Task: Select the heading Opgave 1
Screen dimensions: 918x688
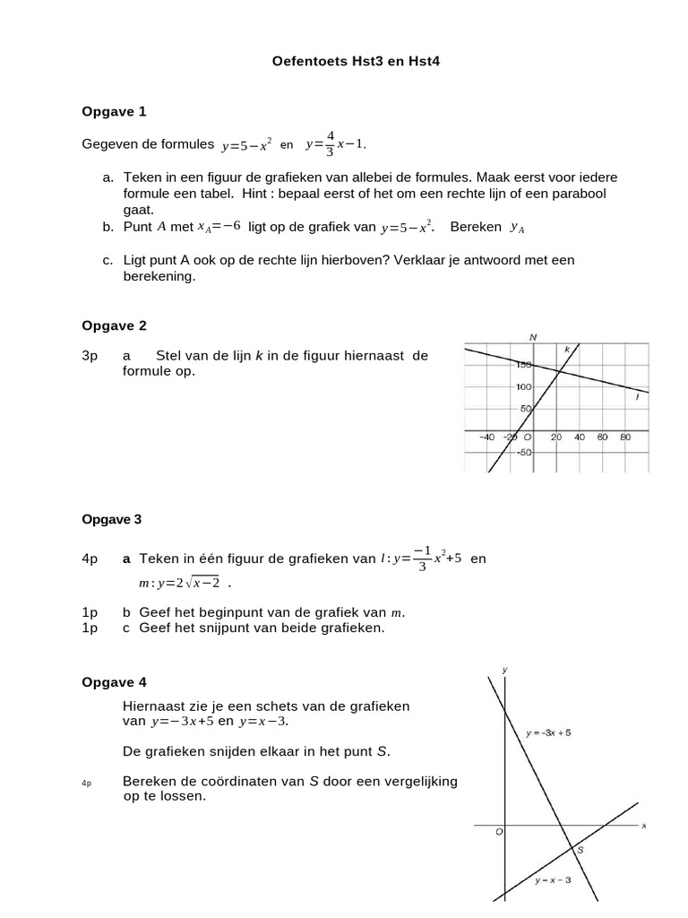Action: [x=114, y=112]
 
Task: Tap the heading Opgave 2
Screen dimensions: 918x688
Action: [x=114, y=325]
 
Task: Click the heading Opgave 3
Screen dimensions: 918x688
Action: [x=112, y=519]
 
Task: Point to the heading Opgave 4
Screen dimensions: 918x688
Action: [x=114, y=681]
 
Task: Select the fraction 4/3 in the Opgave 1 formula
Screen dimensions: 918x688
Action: [x=330, y=143]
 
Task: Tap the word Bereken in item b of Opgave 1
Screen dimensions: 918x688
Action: [x=476, y=228]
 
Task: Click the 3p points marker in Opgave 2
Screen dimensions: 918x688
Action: [x=90, y=356]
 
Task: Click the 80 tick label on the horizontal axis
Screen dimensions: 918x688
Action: [x=625, y=437]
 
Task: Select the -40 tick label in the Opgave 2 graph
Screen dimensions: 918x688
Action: [x=486, y=437]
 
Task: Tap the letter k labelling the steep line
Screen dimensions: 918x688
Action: [x=567, y=349]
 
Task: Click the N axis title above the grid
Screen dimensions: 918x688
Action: [x=533, y=337]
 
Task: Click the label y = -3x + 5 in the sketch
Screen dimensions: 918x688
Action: [x=548, y=732]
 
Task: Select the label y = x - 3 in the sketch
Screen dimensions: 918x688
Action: [x=553, y=879]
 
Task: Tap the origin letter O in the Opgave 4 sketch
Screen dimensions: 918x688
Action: [x=499, y=832]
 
